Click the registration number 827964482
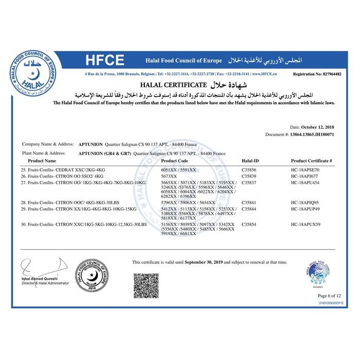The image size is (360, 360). pyautogui.click(x=326, y=74)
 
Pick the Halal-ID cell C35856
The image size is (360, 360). pyautogui.click(x=249, y=169)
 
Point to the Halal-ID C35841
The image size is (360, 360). pyautogui.click(x=249, y=203)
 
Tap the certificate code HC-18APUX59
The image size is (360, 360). pyautogui.click(x=305, y=224)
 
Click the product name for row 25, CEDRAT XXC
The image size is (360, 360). pyautogui.click(x=64, y=169)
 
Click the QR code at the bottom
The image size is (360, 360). pyautogui.click(x=146, y=285)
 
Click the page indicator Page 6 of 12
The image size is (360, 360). pyautogui.click(x=329, y=296)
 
